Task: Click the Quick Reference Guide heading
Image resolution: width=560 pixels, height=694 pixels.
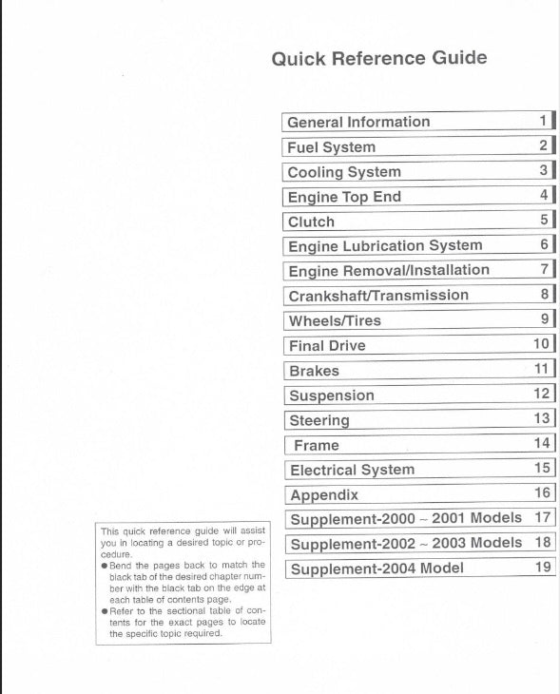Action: click(378, 58)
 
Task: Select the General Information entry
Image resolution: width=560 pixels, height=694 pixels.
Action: click(358, 122)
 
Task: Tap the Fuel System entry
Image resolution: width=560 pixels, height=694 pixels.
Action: click(331, 147)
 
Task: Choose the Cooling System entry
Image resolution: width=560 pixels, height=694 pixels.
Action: click(344, 172)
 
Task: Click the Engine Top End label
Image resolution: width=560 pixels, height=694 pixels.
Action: click(344, 197)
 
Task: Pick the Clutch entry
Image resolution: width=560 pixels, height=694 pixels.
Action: click(311, 222)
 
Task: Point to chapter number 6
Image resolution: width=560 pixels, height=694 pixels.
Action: click(545, 245)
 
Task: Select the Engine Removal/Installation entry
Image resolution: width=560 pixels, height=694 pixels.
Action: click(389, 271)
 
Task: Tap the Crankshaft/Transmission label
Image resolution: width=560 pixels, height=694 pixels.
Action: click(378, 296)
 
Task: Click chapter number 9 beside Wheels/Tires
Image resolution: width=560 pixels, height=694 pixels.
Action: click(545, 319)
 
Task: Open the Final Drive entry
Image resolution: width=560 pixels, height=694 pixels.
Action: click(327, 346)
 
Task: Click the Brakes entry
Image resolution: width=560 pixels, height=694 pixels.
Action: click(314, 371)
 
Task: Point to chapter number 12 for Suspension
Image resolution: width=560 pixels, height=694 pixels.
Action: click(542, 394)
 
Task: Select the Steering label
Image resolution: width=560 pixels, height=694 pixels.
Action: click(319, 420)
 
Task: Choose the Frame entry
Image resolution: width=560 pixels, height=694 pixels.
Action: click(317, 445)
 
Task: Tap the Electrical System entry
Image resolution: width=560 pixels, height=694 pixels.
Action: click(352, 470)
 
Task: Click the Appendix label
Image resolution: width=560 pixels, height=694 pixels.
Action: click(324, 494)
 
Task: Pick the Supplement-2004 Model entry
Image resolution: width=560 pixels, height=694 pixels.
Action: click(377, 569)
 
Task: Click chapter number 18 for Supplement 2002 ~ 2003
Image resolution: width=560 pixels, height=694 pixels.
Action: click(543, 543)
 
